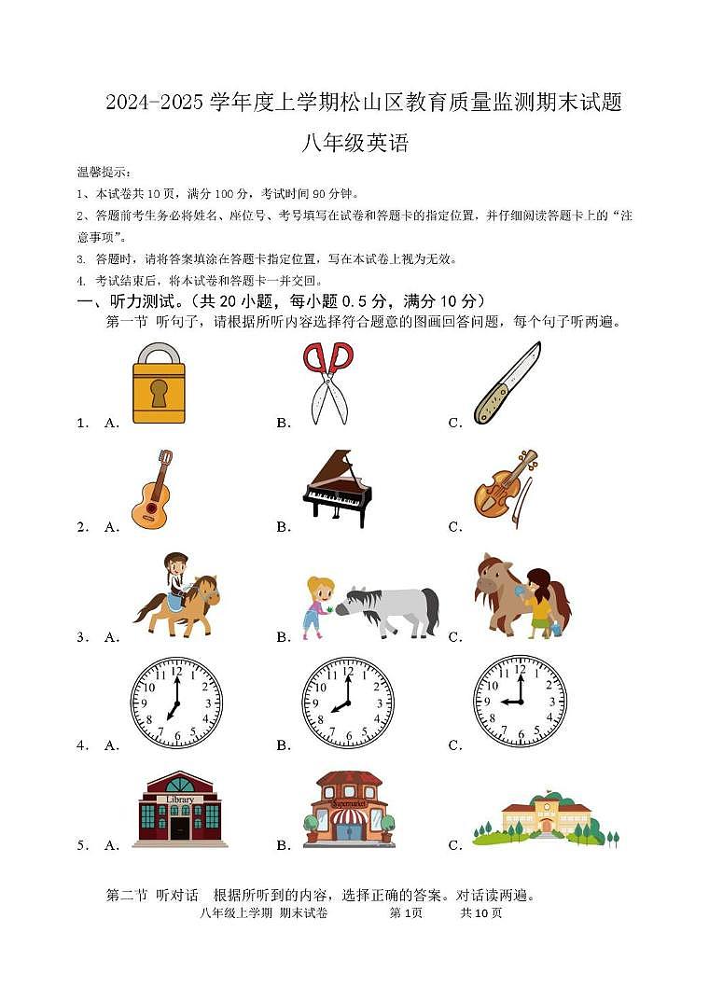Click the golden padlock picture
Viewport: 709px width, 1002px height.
[158, 383]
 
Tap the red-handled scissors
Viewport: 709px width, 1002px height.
[327, 382]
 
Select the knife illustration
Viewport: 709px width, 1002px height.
[507, 383]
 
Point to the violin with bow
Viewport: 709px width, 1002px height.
[506, 483]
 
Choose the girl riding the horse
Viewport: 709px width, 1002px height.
[177, 595]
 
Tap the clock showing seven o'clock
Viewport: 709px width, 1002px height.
[176, 703]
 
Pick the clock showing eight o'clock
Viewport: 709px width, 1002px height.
[348, 703]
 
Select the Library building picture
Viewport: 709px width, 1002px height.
[179, 808]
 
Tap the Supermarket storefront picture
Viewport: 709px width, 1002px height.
[349, 808]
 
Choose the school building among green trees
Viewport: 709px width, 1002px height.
[546, 819]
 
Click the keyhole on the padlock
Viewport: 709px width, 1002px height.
[159, 393]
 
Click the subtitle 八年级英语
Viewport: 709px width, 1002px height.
[355, 144]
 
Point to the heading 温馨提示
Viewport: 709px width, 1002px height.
[104, 173]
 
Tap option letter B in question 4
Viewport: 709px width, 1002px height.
[284, 745]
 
